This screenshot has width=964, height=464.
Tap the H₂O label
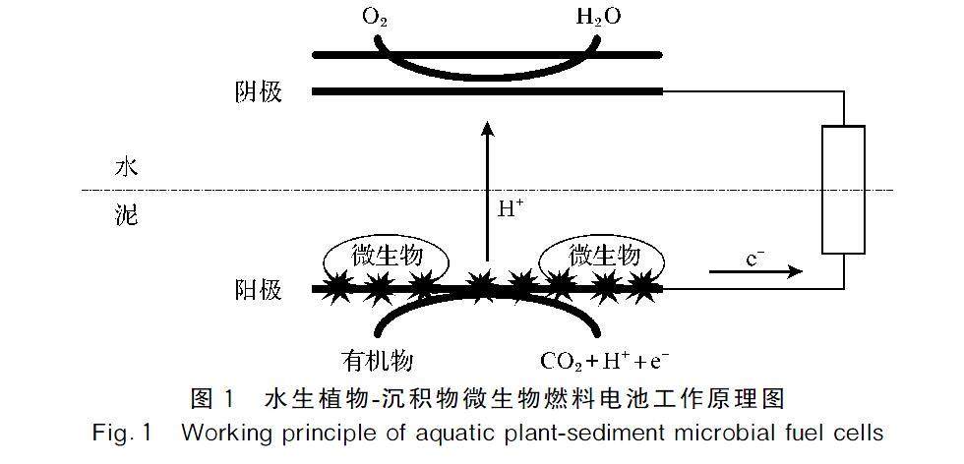click(599, 18)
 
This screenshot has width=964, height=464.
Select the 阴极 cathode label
click(258, 92)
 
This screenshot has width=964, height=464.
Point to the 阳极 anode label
click(258, 290)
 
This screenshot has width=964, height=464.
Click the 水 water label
click(126, 167)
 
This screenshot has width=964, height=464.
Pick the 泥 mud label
click(126, 215)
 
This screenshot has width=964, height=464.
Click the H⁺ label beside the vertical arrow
click(512, 207)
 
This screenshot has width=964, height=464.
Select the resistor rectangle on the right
click(842, 189)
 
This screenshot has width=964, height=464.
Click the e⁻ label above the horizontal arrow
click(754, 259)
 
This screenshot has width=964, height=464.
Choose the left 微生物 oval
click(387, 258)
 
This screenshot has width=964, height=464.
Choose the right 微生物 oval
click(603, 258)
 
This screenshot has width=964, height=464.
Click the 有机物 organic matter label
click(371, 359)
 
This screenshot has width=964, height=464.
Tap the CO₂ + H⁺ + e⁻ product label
click(604, 360)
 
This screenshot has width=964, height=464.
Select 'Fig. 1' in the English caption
click(122, 432)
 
